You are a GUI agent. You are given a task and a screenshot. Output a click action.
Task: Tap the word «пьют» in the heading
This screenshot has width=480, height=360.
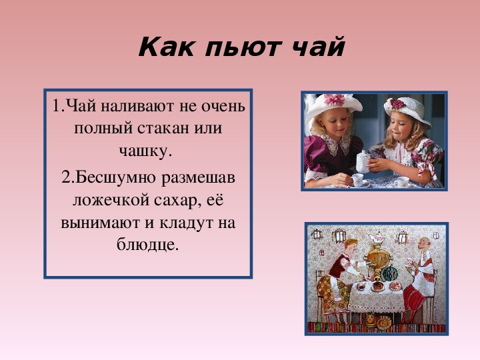click(x=243, y=47)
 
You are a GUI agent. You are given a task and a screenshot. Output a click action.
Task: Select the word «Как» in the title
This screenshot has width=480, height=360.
click(x=166, y=47)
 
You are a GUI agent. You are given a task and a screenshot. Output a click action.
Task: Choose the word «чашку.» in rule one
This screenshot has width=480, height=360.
click(x=146, y=151)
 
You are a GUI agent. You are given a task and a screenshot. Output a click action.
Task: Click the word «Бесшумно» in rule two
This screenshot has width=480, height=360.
click(x=115, y=177)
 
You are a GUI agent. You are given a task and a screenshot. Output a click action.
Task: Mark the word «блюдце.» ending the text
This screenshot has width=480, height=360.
click(x=147, y=244)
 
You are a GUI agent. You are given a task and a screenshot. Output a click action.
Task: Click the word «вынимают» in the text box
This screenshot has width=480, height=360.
click(x=101, y=223)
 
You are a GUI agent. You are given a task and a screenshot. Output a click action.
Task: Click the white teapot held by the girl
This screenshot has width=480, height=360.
click(x=363, y=161)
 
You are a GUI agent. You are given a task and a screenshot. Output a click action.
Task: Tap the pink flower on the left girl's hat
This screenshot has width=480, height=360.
click(x=334, y=99)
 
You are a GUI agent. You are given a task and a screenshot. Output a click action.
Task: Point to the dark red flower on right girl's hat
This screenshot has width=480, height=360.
click(x=397, y=104)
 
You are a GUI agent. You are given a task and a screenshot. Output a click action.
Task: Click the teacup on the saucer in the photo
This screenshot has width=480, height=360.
click(x=357, y=180)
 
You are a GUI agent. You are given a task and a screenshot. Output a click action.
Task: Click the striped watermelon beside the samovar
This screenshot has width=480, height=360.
click(x=389, y=273)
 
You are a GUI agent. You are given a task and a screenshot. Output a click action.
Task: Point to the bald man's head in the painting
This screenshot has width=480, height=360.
click(x=424, y=244)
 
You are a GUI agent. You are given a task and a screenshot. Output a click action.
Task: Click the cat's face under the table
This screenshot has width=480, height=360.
click(x=371, y=319)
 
